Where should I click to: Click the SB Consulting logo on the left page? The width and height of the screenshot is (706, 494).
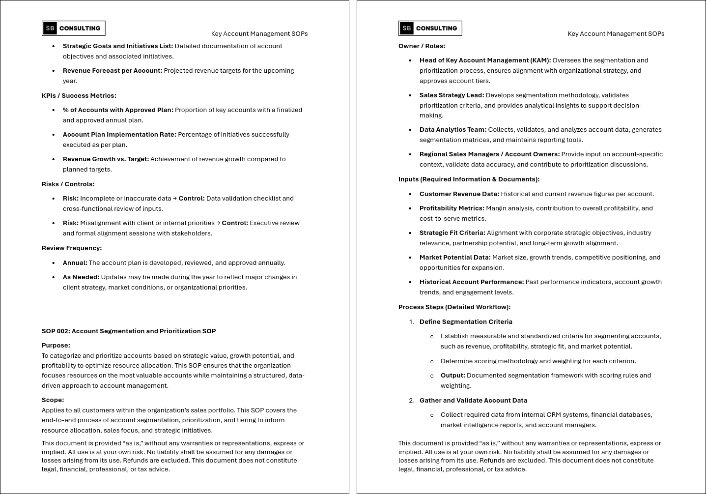74,29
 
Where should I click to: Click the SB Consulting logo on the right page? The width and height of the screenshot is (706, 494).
430,29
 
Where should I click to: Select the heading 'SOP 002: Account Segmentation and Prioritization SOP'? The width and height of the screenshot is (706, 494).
129,331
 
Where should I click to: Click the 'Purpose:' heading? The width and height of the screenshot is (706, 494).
56,346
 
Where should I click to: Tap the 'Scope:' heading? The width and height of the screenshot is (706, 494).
53,400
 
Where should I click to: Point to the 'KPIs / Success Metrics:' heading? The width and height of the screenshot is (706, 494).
79,96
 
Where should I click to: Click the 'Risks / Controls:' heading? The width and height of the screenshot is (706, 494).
68,184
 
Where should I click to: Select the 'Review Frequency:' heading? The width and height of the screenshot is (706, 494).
72,248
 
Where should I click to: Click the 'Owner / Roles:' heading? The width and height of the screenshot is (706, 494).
422,46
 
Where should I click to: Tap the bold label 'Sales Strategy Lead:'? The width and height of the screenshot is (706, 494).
452,95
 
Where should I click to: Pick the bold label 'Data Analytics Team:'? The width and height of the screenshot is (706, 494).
453,130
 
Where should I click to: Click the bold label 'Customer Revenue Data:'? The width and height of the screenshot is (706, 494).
459,194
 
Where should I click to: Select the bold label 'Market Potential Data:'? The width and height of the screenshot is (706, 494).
455,258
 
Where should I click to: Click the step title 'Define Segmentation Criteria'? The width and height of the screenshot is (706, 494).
466,322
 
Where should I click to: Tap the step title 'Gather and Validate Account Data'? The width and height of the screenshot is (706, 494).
473,401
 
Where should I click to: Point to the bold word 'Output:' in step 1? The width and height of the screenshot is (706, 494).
453,376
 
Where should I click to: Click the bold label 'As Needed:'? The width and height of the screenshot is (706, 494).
81,277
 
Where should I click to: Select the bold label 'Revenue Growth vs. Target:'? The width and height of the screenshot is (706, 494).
106,159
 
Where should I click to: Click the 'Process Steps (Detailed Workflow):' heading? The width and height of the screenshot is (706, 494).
454,307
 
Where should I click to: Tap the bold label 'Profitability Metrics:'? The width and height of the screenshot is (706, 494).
452,208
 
